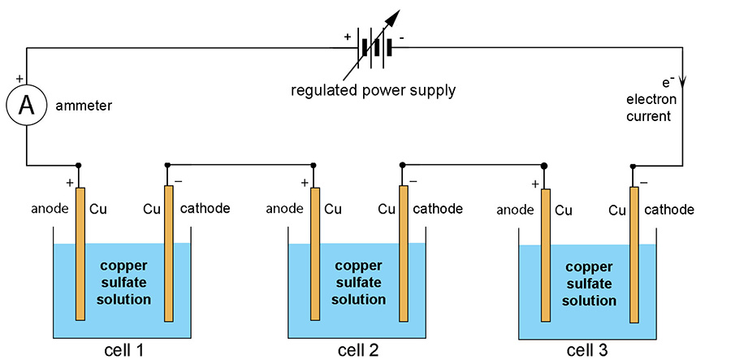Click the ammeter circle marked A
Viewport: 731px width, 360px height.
coord(26,107)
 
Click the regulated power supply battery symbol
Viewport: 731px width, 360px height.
coord(375,46)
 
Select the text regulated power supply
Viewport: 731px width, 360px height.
coord(374,90)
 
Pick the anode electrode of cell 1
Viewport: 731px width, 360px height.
coord(80,252)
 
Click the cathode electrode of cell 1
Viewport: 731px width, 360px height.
coord(169,252)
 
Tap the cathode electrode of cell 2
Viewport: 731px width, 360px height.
coord(404,252)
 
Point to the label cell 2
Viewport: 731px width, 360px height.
coord(358,350)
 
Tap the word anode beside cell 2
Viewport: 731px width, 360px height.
coord(285,209)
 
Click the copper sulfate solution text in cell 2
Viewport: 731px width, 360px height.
coord(357,281)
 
